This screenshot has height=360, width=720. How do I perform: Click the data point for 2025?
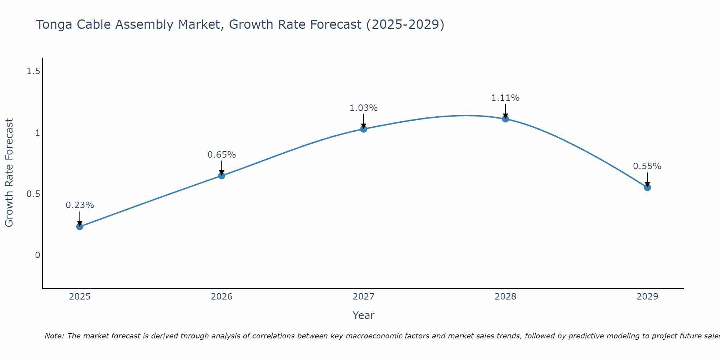click(x=80, y=226)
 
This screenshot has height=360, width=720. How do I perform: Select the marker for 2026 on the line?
click(x=222, y=176)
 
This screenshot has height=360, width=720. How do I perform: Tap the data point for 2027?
click(x=364, y=129)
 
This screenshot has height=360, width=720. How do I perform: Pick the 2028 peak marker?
click(x=505, y=119)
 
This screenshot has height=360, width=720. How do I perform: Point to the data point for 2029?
click(x=647, y=188)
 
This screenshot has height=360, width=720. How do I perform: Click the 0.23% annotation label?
click(x=80, y=205)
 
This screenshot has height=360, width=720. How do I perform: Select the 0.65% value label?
click(x=222, y=155)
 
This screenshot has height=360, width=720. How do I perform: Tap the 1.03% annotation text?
click(x=364, y=108)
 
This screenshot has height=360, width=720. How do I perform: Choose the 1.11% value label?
click(x=505, y=98)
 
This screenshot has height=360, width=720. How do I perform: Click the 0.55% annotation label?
click(x=647, y=166)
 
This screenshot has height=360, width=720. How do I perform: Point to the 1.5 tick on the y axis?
click(x=33, y=72)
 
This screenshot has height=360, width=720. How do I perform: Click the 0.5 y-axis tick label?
click(x=33, y=194)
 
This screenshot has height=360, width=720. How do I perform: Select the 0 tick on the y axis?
click(x=37, y=255)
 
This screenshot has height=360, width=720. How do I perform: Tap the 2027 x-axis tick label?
click(x=364, y=297)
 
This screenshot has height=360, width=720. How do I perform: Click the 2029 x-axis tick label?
click(x=647, y=297)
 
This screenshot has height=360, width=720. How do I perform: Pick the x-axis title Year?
click(x=364, y=315)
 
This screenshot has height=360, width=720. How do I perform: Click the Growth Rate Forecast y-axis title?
click(x=9, y=173)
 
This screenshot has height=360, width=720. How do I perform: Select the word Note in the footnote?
click(x=54, y=336)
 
